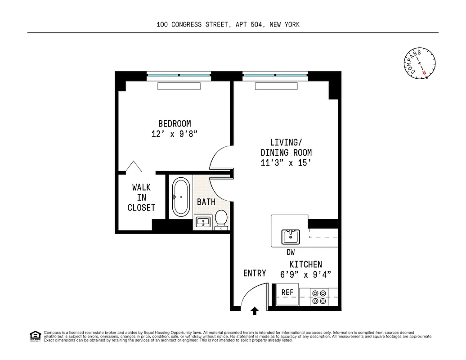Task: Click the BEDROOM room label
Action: pos(175,123)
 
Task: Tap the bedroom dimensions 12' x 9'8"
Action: pos(175,134)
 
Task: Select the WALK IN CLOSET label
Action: pos(141,198)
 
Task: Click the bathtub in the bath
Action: pos(181,197)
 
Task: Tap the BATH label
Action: pos(206,202)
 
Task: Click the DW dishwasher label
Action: pos(291,252)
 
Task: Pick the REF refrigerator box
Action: pos(287,292)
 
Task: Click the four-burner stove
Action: pos(319,297)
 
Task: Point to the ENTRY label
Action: pos(254,273)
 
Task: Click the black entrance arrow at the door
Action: pos(255,310)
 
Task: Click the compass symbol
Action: pos(419,63)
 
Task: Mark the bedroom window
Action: pos(179,75)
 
